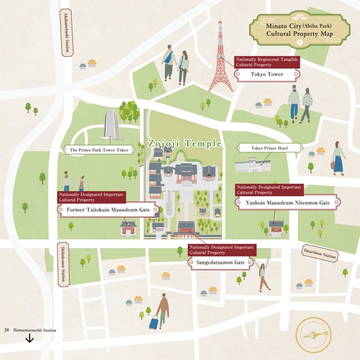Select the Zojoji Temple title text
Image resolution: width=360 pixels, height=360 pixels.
184,143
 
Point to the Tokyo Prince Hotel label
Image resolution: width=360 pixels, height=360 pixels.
270,148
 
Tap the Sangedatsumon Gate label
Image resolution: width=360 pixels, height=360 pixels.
220,262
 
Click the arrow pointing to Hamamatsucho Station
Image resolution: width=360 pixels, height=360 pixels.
30,337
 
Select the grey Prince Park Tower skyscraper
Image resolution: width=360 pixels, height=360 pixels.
110,127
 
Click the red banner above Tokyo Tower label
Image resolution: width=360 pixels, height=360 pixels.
266,62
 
